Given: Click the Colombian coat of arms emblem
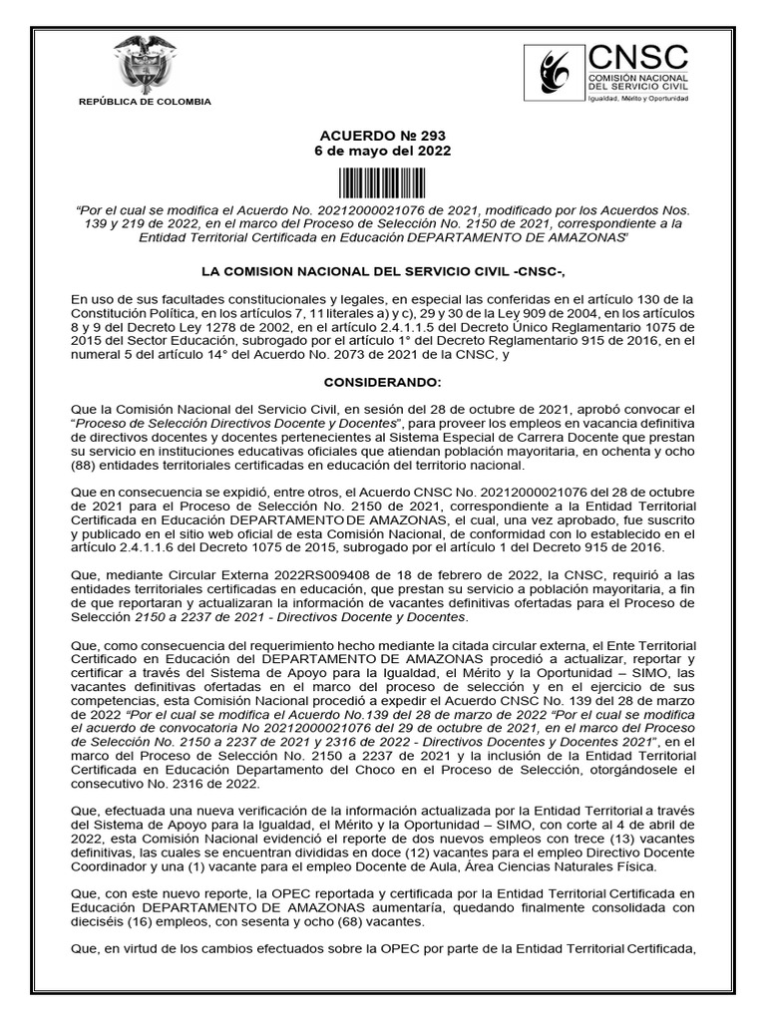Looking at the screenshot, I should coord(145,64).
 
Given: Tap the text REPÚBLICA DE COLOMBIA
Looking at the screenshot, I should coord(145,102).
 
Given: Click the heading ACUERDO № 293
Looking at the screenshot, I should coord(384,136).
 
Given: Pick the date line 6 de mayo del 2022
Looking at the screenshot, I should coord(384,152).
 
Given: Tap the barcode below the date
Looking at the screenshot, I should coord(384,183).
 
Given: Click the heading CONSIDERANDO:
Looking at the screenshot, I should coord(382,383).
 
